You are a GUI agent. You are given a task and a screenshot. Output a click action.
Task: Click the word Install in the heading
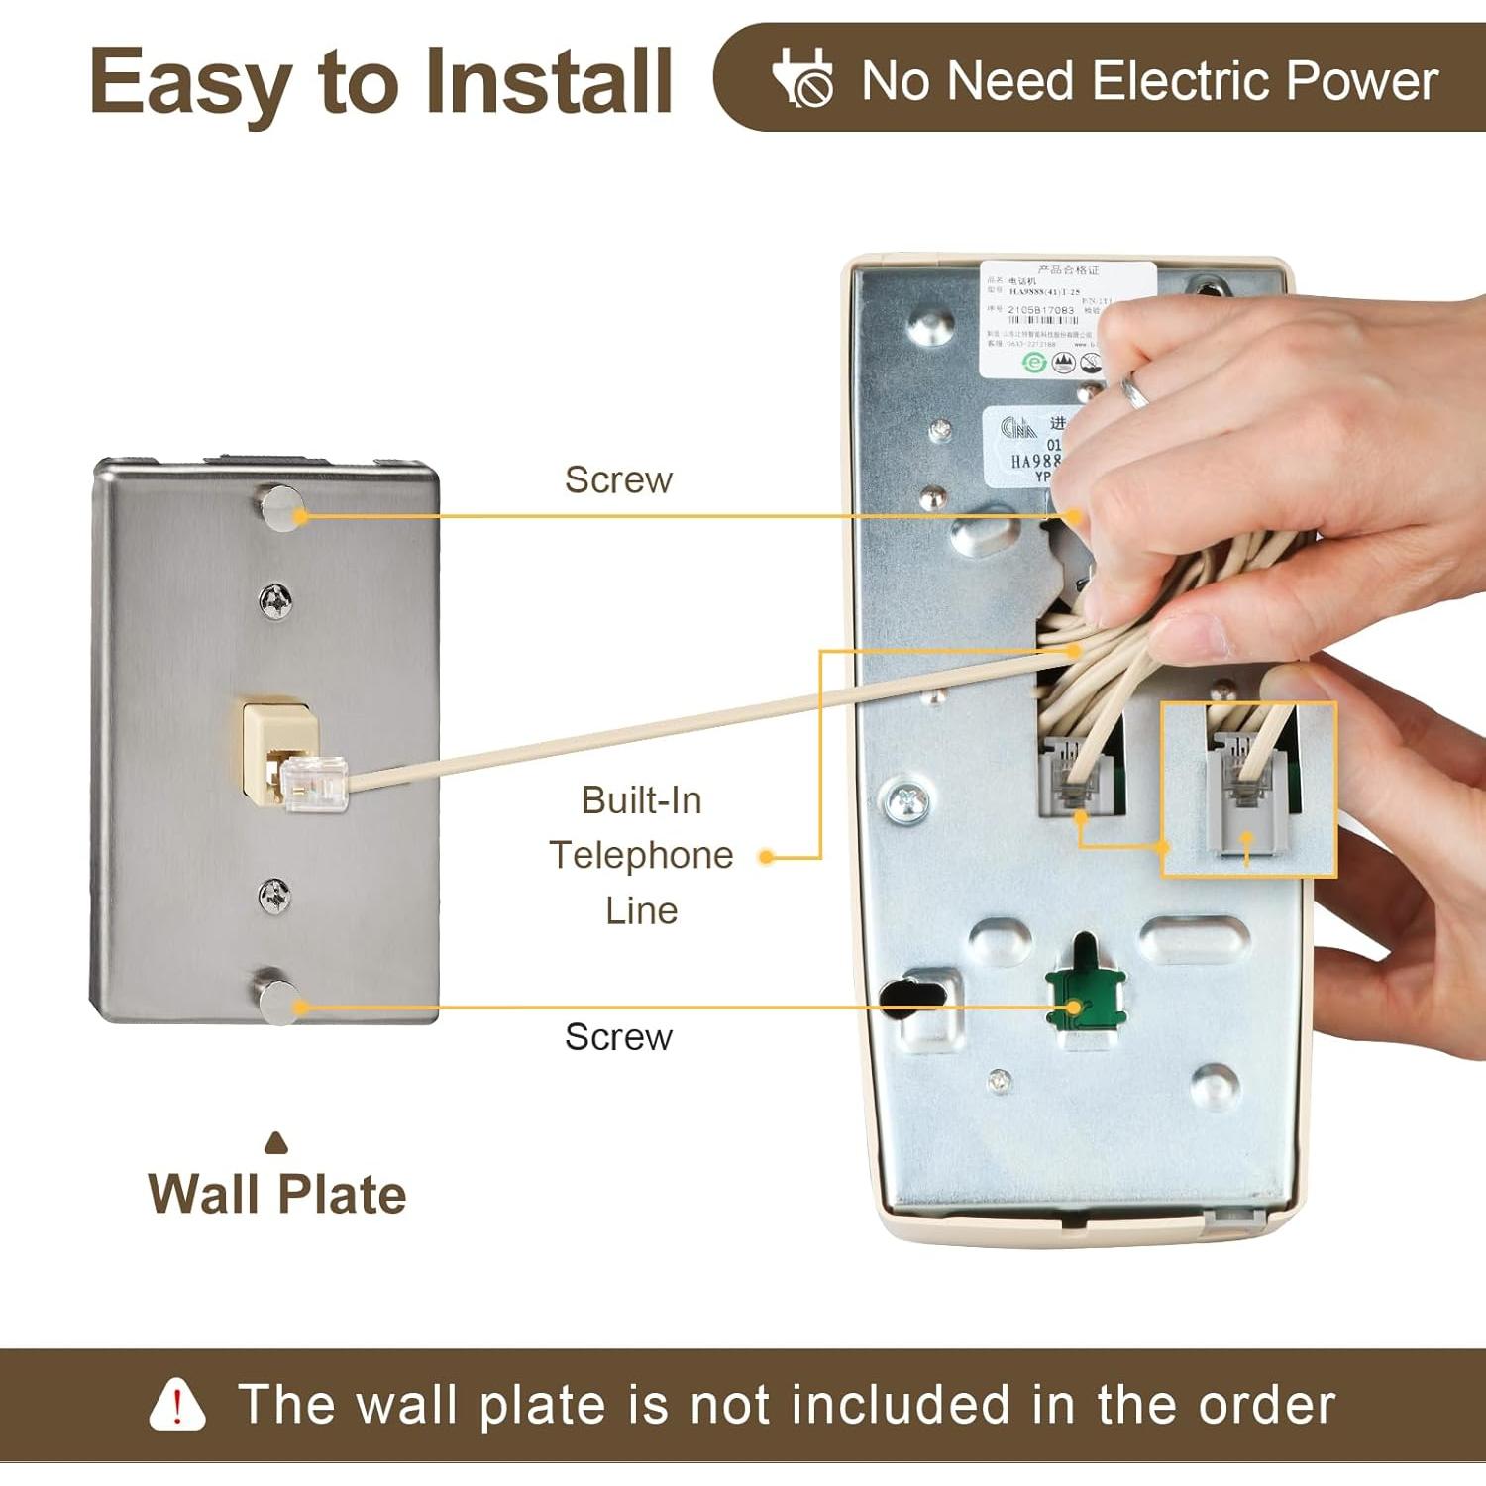(x=550, y=81)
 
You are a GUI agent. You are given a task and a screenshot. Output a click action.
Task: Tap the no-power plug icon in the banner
(x=802, y=77)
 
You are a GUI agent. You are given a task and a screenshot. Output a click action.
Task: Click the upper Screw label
(x=618, y=479)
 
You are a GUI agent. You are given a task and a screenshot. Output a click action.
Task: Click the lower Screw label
(x=618, y=1037)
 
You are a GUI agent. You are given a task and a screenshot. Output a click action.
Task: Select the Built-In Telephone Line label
(x=641, y=855)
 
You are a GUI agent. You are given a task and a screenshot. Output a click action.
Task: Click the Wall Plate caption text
(x=277, y=1194)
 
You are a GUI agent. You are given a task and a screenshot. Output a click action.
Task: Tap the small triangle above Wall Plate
(x=277, y=1144)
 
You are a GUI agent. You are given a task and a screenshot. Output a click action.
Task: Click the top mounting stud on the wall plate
(x=280, y=509)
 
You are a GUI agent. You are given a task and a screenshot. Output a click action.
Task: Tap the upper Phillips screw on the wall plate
(x=274, y=599)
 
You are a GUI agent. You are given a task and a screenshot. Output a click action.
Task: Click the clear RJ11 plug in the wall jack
(x=315, y=783)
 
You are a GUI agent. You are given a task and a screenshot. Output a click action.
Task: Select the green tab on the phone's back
(x=1086, y=994)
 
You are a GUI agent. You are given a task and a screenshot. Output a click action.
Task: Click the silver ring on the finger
(x=1134, y=391)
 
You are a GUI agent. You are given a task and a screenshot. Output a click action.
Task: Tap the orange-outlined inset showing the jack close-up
(x=1248, y=790)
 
